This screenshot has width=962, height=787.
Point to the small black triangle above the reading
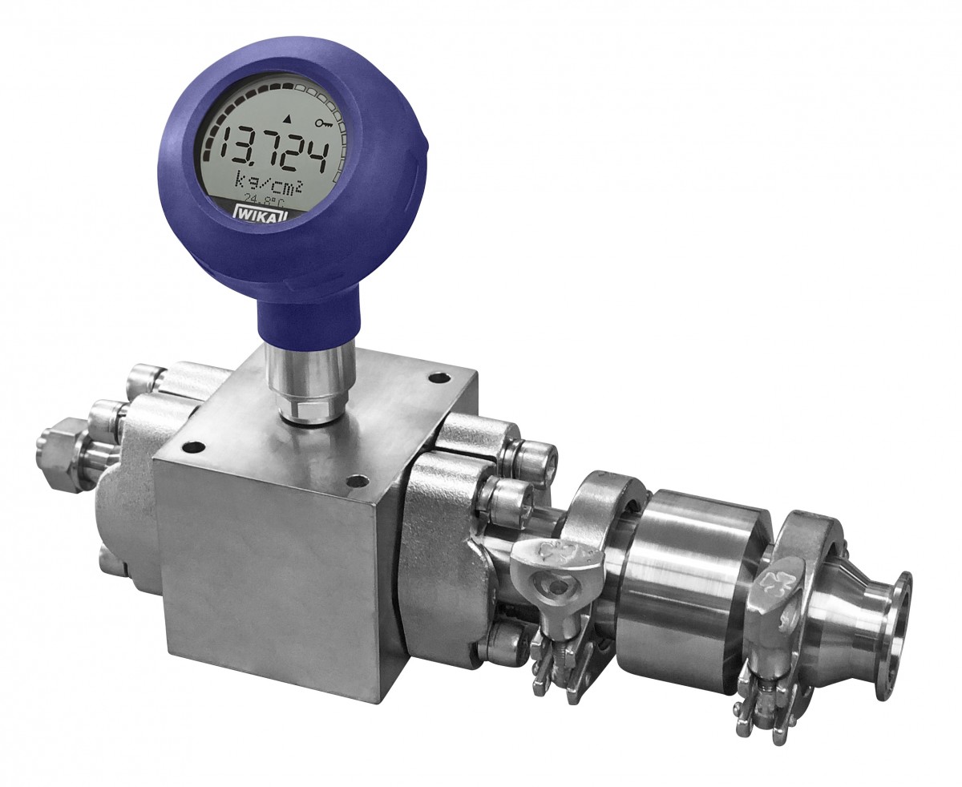click(x=286, y=119)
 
